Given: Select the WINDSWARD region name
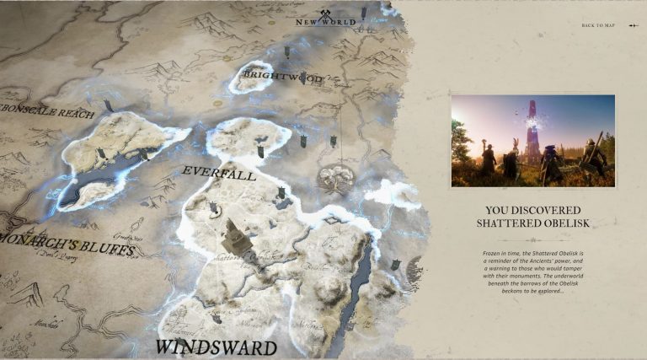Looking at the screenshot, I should [x=217, y=347].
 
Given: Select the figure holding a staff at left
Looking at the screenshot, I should [x=487, y=160].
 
